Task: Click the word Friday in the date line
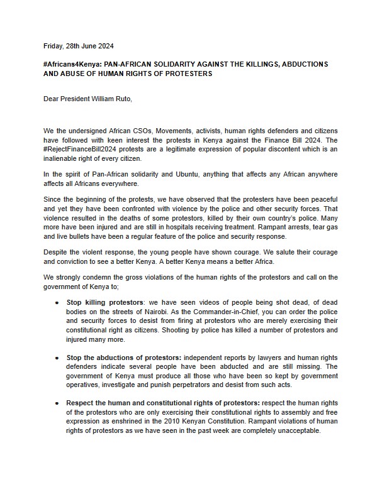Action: click(x=53, y=46)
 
